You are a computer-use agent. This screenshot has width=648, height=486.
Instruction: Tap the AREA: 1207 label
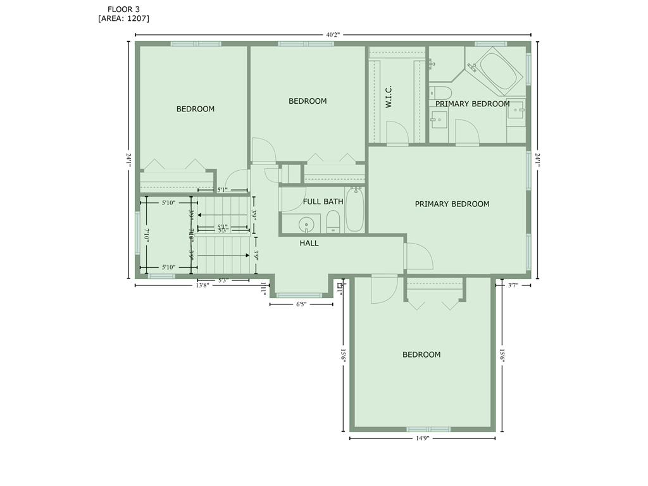point(123,18)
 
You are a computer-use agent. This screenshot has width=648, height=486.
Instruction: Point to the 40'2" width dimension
point(333,35)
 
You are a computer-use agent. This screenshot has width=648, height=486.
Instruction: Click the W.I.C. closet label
point(389,97)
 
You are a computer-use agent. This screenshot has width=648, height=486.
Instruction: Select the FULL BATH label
point(323,202)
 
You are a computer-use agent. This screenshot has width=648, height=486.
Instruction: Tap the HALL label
point(309,243)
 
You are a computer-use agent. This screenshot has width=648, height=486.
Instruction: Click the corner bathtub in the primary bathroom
point(496,70)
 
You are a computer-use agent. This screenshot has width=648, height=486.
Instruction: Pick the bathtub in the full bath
point(355,211)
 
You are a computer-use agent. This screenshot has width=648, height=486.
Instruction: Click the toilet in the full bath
point(333,221)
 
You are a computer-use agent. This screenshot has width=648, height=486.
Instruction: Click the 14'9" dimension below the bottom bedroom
point(422,438)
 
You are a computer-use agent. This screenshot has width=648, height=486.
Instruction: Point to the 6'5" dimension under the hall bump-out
point(301,304)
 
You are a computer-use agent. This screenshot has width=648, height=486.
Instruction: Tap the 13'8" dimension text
point(202,285)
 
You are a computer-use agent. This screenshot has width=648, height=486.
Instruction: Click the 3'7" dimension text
point(513,285)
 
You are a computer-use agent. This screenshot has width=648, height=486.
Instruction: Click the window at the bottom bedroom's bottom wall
point(428,429)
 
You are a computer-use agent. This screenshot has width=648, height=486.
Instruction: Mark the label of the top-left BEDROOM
point(195,109)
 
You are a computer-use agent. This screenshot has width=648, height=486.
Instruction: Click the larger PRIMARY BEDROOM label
point(452,204)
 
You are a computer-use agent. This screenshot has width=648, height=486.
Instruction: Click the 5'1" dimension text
point(222,189)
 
